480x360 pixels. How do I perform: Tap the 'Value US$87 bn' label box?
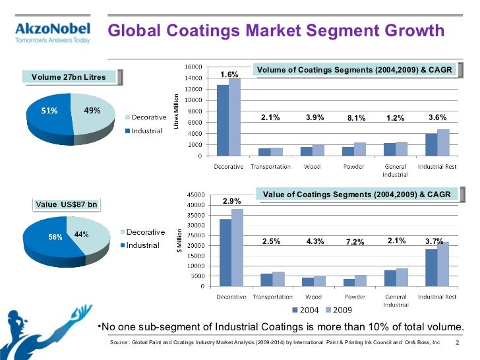(x=66, y=204)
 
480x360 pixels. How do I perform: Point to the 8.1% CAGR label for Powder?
(x=356, y=119)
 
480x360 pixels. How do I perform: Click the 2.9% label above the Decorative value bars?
(x=231, y=200)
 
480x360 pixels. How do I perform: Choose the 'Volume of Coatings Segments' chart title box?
(x=355, y=69)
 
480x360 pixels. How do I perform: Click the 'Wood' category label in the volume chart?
(x=313, y=166)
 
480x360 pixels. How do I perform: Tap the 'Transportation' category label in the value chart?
(x=270, y=297)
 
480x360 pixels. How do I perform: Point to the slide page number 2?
(x=457, y=343)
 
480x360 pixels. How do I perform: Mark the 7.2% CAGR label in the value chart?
(x=355, y=242)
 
